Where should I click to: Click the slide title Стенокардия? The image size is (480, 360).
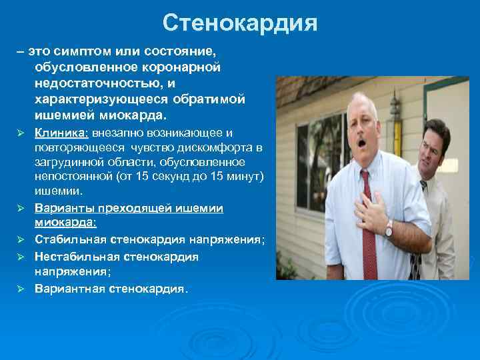(x=240, y=24)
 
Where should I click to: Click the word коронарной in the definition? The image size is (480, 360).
(x=181, y=67)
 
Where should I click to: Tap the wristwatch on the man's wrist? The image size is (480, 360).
(x=388, y=229)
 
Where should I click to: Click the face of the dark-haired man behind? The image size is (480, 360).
(x=435, y=146)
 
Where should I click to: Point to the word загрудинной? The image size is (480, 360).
(x=73, y=163)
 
